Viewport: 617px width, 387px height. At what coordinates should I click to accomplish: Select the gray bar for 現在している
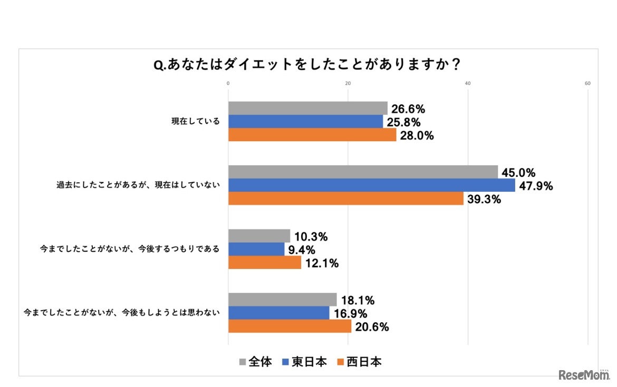click(307, 108)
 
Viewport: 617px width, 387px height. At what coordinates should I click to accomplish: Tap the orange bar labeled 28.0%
click(312, 135)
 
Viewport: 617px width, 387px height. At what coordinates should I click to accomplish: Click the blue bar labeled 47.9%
click(371, 185)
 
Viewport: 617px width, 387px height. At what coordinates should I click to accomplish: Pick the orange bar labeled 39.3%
click(345, 199)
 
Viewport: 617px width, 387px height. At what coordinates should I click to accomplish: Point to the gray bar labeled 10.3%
click(259, 236)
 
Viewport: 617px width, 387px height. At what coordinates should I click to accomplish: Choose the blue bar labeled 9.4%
click(256, 249)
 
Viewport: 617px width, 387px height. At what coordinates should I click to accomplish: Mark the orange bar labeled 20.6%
click(290, 326)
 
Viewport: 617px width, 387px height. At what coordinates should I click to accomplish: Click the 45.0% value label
click(519, 173)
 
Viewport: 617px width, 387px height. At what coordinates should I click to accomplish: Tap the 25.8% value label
click(403, 123)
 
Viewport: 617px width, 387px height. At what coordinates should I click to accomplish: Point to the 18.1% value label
click(358, 301)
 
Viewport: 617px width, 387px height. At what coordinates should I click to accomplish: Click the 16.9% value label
click(350, 314)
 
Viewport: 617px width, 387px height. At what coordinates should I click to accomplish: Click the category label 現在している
click(195, 122)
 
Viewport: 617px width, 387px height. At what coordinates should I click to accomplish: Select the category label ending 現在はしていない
click(138, 185)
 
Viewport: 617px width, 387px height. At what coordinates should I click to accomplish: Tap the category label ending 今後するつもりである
click(130, 249)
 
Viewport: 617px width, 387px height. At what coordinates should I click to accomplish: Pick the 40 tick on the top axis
click(468, 83)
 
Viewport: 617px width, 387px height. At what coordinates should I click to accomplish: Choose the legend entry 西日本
click(361, 362)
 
